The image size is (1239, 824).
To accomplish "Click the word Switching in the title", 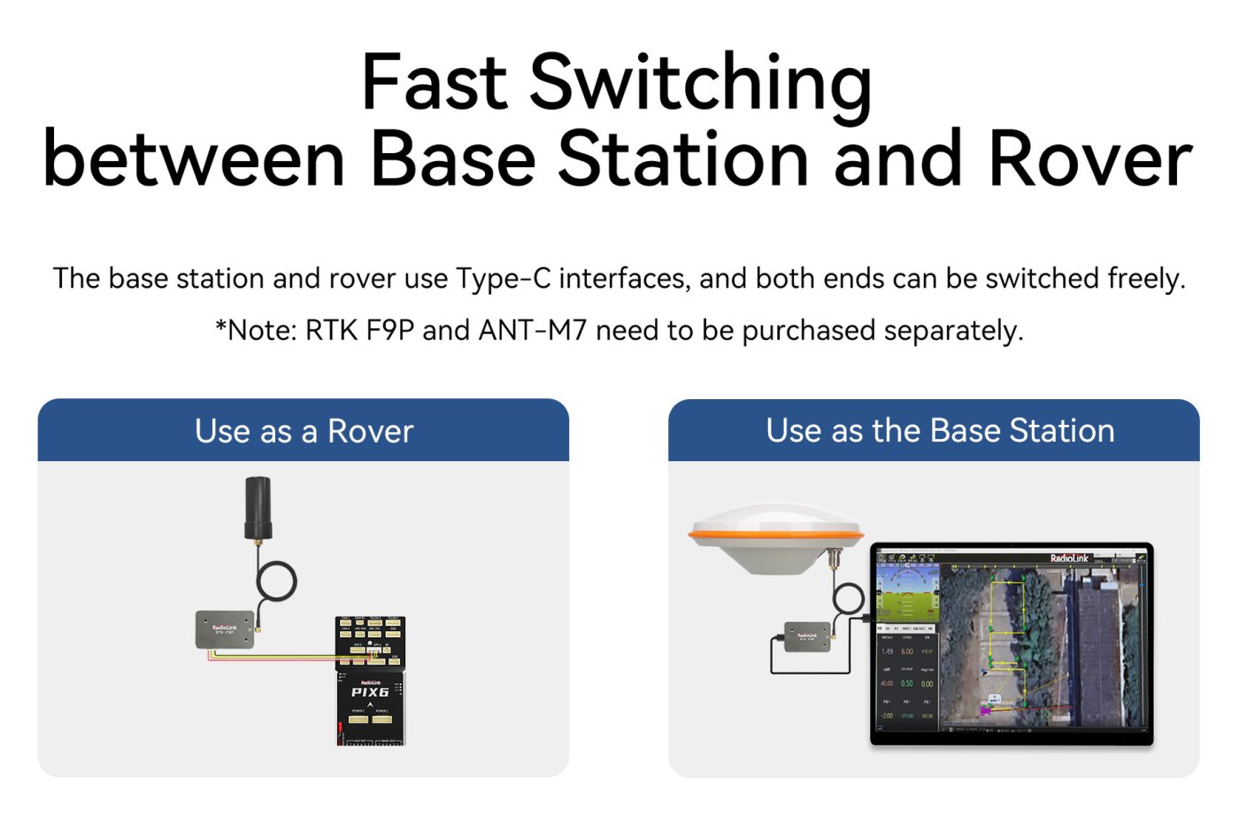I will coord(700,83).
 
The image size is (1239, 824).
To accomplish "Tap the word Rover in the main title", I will coord(1090,159).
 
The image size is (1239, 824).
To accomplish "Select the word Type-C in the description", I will coord(504,279).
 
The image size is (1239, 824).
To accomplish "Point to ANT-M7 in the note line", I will coord(533,331).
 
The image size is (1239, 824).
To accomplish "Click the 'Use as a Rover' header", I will coord(304,431).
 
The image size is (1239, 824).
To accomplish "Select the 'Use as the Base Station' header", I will coord(940,431).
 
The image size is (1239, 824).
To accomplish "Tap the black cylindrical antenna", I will coord(258,507).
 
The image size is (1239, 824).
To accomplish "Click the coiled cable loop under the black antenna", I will coord(276,581).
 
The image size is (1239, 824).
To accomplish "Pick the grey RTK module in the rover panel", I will coord(225,629).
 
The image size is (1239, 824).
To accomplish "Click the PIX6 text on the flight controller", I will coord(370,692).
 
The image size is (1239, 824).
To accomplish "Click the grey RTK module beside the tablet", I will coord(807,636).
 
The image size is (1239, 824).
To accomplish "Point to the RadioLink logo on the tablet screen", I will coord(1069,558).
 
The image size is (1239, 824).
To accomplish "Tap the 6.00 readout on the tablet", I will coord(907,651).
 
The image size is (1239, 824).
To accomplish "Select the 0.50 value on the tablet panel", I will coord(907,683).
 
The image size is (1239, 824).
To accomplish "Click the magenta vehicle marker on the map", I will coord(985,710).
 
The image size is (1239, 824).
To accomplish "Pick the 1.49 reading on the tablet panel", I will coord(887,651).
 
